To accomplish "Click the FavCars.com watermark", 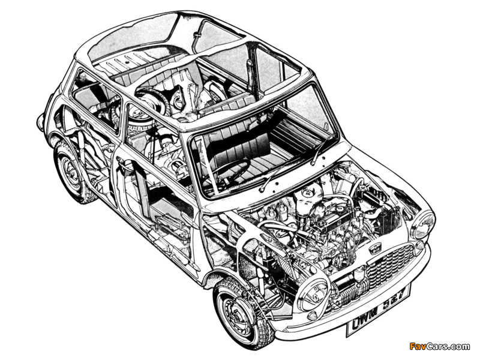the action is coord(440,346).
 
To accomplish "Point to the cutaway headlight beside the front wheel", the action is coord(312,291).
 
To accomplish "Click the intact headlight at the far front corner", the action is coord(424,224).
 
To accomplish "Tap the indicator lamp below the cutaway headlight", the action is coord(313,316).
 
